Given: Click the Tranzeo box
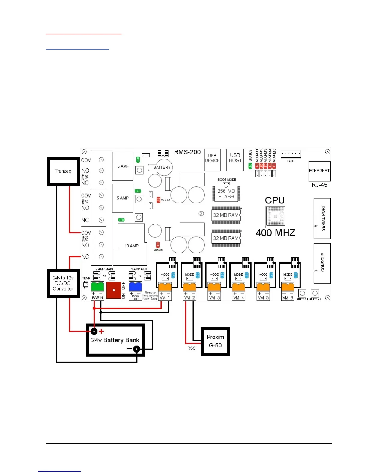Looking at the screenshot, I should click(x=63, y=171).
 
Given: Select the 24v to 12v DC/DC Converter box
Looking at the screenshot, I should click(x=63, y=283).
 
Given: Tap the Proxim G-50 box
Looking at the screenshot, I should click(x=215, y=341).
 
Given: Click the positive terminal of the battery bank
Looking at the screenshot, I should click(x=94, y=331).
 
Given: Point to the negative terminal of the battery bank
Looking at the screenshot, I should click(x=136, y=349).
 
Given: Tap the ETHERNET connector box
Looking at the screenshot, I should click(x=319, y=171).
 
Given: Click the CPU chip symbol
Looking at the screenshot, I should click(x=275, y=216).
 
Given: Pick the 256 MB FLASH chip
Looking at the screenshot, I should click(x=226, y=194).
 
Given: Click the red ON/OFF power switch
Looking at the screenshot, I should click(x=114, y=290).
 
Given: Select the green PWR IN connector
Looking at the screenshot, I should click(x=97, y=286).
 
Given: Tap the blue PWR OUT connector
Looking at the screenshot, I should click(x=135, y=286).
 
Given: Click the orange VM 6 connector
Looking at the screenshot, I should click(x=288, y=287).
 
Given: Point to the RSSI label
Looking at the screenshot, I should click(x=192, y=348).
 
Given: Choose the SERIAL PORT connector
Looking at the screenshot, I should click(x=322, y=218).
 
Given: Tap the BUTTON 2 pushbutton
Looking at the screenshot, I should click(x=315, y=293).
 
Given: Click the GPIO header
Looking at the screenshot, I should click(x=291, y=154).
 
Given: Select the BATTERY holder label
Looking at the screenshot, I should click(x=162, y=167).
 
